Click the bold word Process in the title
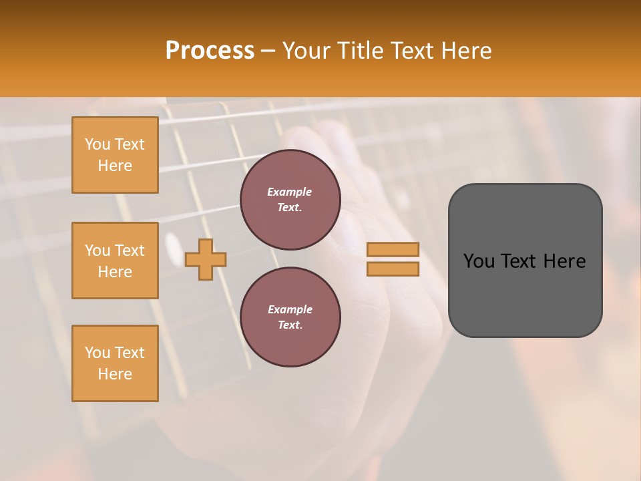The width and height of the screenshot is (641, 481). pos(210,50)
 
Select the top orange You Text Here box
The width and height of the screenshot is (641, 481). pos(115,155)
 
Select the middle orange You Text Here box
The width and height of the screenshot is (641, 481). pos(115,261)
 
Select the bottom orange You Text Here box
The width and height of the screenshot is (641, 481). pos(115,363)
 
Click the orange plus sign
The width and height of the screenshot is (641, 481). pos(205,259)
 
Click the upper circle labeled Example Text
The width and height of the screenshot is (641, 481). pos(290,200)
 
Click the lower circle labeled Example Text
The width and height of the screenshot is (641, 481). pos(290,317)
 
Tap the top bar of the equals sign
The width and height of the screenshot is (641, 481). pos(393,250)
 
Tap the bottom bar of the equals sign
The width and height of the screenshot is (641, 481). pos(393,269)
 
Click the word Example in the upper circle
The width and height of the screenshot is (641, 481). pos(290,192)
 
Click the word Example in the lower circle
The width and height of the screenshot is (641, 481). pos(290,309)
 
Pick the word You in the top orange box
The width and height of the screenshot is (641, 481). pos(97,144)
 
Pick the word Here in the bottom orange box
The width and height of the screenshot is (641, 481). pos(115,374)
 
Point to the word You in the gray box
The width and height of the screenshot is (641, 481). pos(478,261)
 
